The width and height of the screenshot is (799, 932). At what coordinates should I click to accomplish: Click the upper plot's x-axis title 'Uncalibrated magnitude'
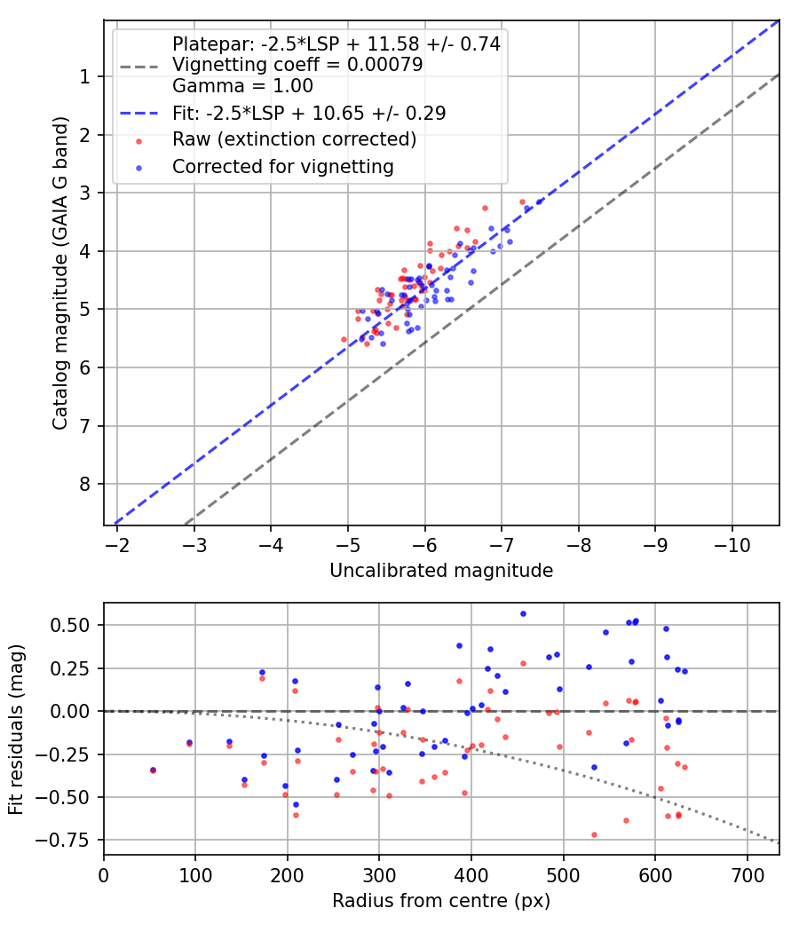tap(441, 571)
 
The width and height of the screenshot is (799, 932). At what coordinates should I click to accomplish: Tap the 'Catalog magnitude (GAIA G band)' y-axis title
tap(60, 272)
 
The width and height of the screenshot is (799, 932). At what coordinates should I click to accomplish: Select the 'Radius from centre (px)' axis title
tap(441, 901)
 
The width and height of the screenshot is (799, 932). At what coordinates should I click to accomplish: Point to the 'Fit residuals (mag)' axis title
tap(16, 730)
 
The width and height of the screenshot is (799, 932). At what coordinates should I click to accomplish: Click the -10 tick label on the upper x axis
tap(732, 545)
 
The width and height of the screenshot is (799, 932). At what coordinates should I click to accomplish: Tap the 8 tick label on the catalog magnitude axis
tap(85, 485)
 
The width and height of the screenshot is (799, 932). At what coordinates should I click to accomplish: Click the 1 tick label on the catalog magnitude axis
tap(85, 76)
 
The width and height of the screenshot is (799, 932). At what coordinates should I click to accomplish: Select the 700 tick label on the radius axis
tap(747, 875)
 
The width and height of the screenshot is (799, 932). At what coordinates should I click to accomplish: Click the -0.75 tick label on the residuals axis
tap(63, 840)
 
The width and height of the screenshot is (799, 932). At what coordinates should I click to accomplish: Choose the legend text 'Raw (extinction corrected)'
tap(294, 139)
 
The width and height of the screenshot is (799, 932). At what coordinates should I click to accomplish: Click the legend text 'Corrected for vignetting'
tap(283, 167)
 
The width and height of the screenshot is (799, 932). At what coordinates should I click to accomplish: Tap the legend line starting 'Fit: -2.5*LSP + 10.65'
tap(309, 113)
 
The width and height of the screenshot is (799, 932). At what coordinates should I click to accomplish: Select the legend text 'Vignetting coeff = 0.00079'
tap(297, 64)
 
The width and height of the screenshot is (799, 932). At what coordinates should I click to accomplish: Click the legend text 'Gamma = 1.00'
tap(242, 85)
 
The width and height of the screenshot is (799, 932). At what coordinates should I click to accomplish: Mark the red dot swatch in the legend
tap(139, 141)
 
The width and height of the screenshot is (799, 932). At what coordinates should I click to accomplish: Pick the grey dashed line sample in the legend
tap(139, 67)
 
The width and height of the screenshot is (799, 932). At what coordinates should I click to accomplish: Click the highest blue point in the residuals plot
tap(523, 614)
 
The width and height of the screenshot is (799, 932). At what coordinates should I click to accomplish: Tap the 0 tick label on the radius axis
tap(104, 875)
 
